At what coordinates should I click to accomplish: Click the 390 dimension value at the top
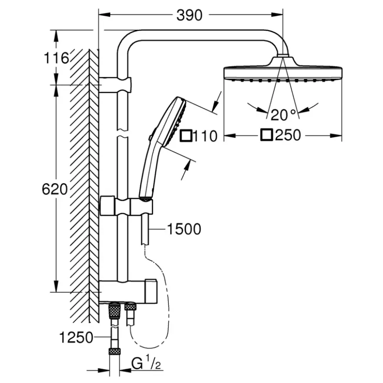189,15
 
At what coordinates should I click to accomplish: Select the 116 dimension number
56,58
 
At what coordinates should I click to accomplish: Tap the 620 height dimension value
54,189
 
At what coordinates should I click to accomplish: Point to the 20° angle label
283,115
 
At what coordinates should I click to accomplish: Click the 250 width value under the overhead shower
288,135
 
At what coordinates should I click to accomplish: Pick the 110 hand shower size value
205,136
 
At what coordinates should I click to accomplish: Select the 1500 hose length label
184,229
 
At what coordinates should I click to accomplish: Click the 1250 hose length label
76,338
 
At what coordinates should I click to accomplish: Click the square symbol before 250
266,134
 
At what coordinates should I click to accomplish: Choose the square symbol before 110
186,136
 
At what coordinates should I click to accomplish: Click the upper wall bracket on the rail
115,85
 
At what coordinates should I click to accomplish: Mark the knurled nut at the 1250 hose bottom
114,352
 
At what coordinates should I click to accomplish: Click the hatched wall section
84,186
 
